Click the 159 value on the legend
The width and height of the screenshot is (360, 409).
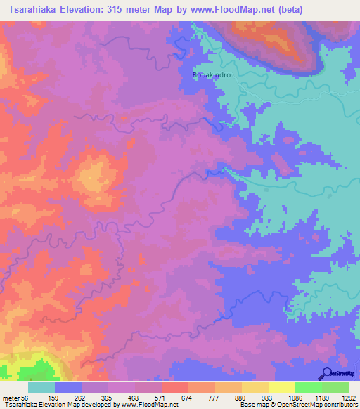coord(53,398)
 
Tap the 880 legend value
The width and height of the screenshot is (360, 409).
coord(241,398)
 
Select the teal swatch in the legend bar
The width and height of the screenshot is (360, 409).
coord(41,387)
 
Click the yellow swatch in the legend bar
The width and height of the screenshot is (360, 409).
coord(282,387)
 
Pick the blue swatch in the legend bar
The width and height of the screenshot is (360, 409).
coord(68,387)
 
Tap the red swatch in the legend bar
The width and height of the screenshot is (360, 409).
coord(175,387)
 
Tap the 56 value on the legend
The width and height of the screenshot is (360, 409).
coord(27,398)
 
